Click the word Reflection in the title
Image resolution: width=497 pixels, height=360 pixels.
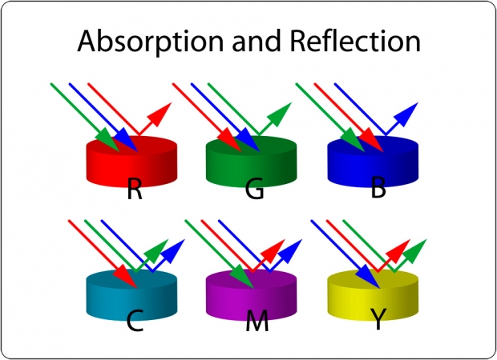pyautogui.click(x=355, y=41)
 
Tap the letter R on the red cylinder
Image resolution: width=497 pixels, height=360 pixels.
pyautogui.click(x=135, y=189)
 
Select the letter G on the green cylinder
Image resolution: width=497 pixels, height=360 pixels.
pyautogui.click(x=255, y=188)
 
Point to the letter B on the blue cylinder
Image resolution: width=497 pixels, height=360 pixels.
pyautogui.click(x=378, y=188)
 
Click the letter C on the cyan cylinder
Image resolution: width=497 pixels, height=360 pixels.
pyautogui.click(x=135, y=321)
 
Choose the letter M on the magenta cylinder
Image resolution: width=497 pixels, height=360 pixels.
pyautogui.click(x=257, y=321)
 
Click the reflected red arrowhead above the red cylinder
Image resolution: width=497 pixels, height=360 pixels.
pyautogui.click(x=160, y=114)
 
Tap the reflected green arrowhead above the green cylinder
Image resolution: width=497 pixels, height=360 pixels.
pyautogui.click(x=280, y=114)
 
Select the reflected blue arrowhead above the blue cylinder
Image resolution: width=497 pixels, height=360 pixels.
pyautogui.click(x=406, y=114)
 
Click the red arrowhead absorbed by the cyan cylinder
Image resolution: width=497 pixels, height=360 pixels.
pyautogui.click(x=126, y=278)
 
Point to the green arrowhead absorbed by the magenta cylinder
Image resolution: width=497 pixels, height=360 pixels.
pyautogui.click(x=242, y=278)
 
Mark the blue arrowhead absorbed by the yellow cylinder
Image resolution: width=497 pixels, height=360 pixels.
pyautogui.click(x=368, y=278)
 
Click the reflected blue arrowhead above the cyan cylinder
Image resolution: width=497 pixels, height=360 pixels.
pyautogui.click(x=173, y=251)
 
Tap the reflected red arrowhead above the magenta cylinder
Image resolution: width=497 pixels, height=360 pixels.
pyautogui.click(x=273, y=251)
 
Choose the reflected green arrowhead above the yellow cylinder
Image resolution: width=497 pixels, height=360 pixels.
pyautogui.click(x=415, y=251)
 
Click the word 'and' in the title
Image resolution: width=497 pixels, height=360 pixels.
pyautogui.click(x=257, y=41)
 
